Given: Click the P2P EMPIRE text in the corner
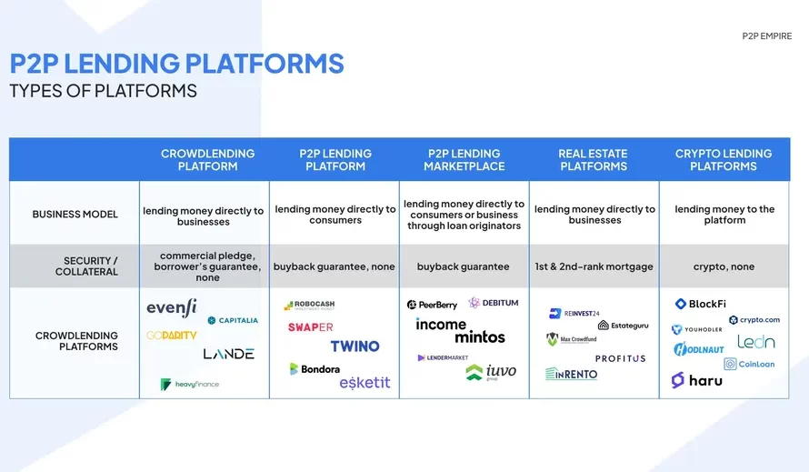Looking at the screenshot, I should [x=766, y=36].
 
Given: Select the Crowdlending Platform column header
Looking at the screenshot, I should [x=207, y=160].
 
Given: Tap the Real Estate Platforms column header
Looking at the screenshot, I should [x=594, y=160].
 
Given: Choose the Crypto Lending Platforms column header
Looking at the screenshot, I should [x=724, y=160].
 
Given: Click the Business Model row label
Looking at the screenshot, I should [x=75, y=215].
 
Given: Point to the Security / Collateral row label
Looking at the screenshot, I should [x=86, y=266].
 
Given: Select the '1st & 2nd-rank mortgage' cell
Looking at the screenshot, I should [x=594, y=266].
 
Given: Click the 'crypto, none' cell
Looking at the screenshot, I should [x=724, y=266].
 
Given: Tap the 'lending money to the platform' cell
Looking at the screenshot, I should [x=724, y=215].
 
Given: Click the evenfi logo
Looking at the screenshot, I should [x=172, y=308].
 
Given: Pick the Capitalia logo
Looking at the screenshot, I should [x=233, y=320].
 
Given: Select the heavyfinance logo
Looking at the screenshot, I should [x=190, y=385].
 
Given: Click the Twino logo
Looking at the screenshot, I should [x=355, y=346].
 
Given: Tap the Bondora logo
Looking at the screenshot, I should [x=315, y=369].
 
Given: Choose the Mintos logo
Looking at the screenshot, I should [x=479, y=337].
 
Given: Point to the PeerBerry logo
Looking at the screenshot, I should [x=432, y=305].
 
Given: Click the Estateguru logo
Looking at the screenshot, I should [x=623, y=325].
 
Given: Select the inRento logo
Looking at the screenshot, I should [x=572, y=374].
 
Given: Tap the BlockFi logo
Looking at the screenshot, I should [x=700, y=305].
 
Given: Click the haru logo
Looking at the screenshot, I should [x=697, y=380].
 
